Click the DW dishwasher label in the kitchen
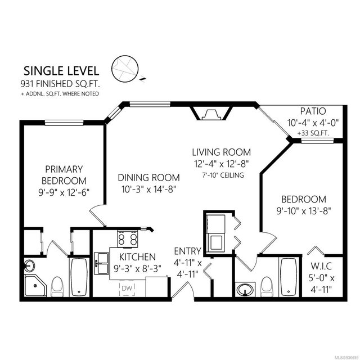click(127, 288)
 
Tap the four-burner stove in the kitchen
click(128, 238)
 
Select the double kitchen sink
click(101, 263)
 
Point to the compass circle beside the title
click(125, 69)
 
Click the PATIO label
click(313, 111)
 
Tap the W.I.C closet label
click(321, 266)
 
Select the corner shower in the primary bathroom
click(35, 286)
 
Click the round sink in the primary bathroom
click(29, 265)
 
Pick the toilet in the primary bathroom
click(57, 287)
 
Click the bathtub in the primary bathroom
click(79, 277)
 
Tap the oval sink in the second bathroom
click(245, 289)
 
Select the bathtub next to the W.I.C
click(289, 277)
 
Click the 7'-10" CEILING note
click(223, 175)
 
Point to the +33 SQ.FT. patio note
click(313, 133)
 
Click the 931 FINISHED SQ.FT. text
click(60, 84)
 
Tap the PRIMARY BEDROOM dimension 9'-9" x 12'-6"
click(64, 192)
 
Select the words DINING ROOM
click(148, 178)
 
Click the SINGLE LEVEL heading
click(61, 71)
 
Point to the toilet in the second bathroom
click(267, 287)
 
